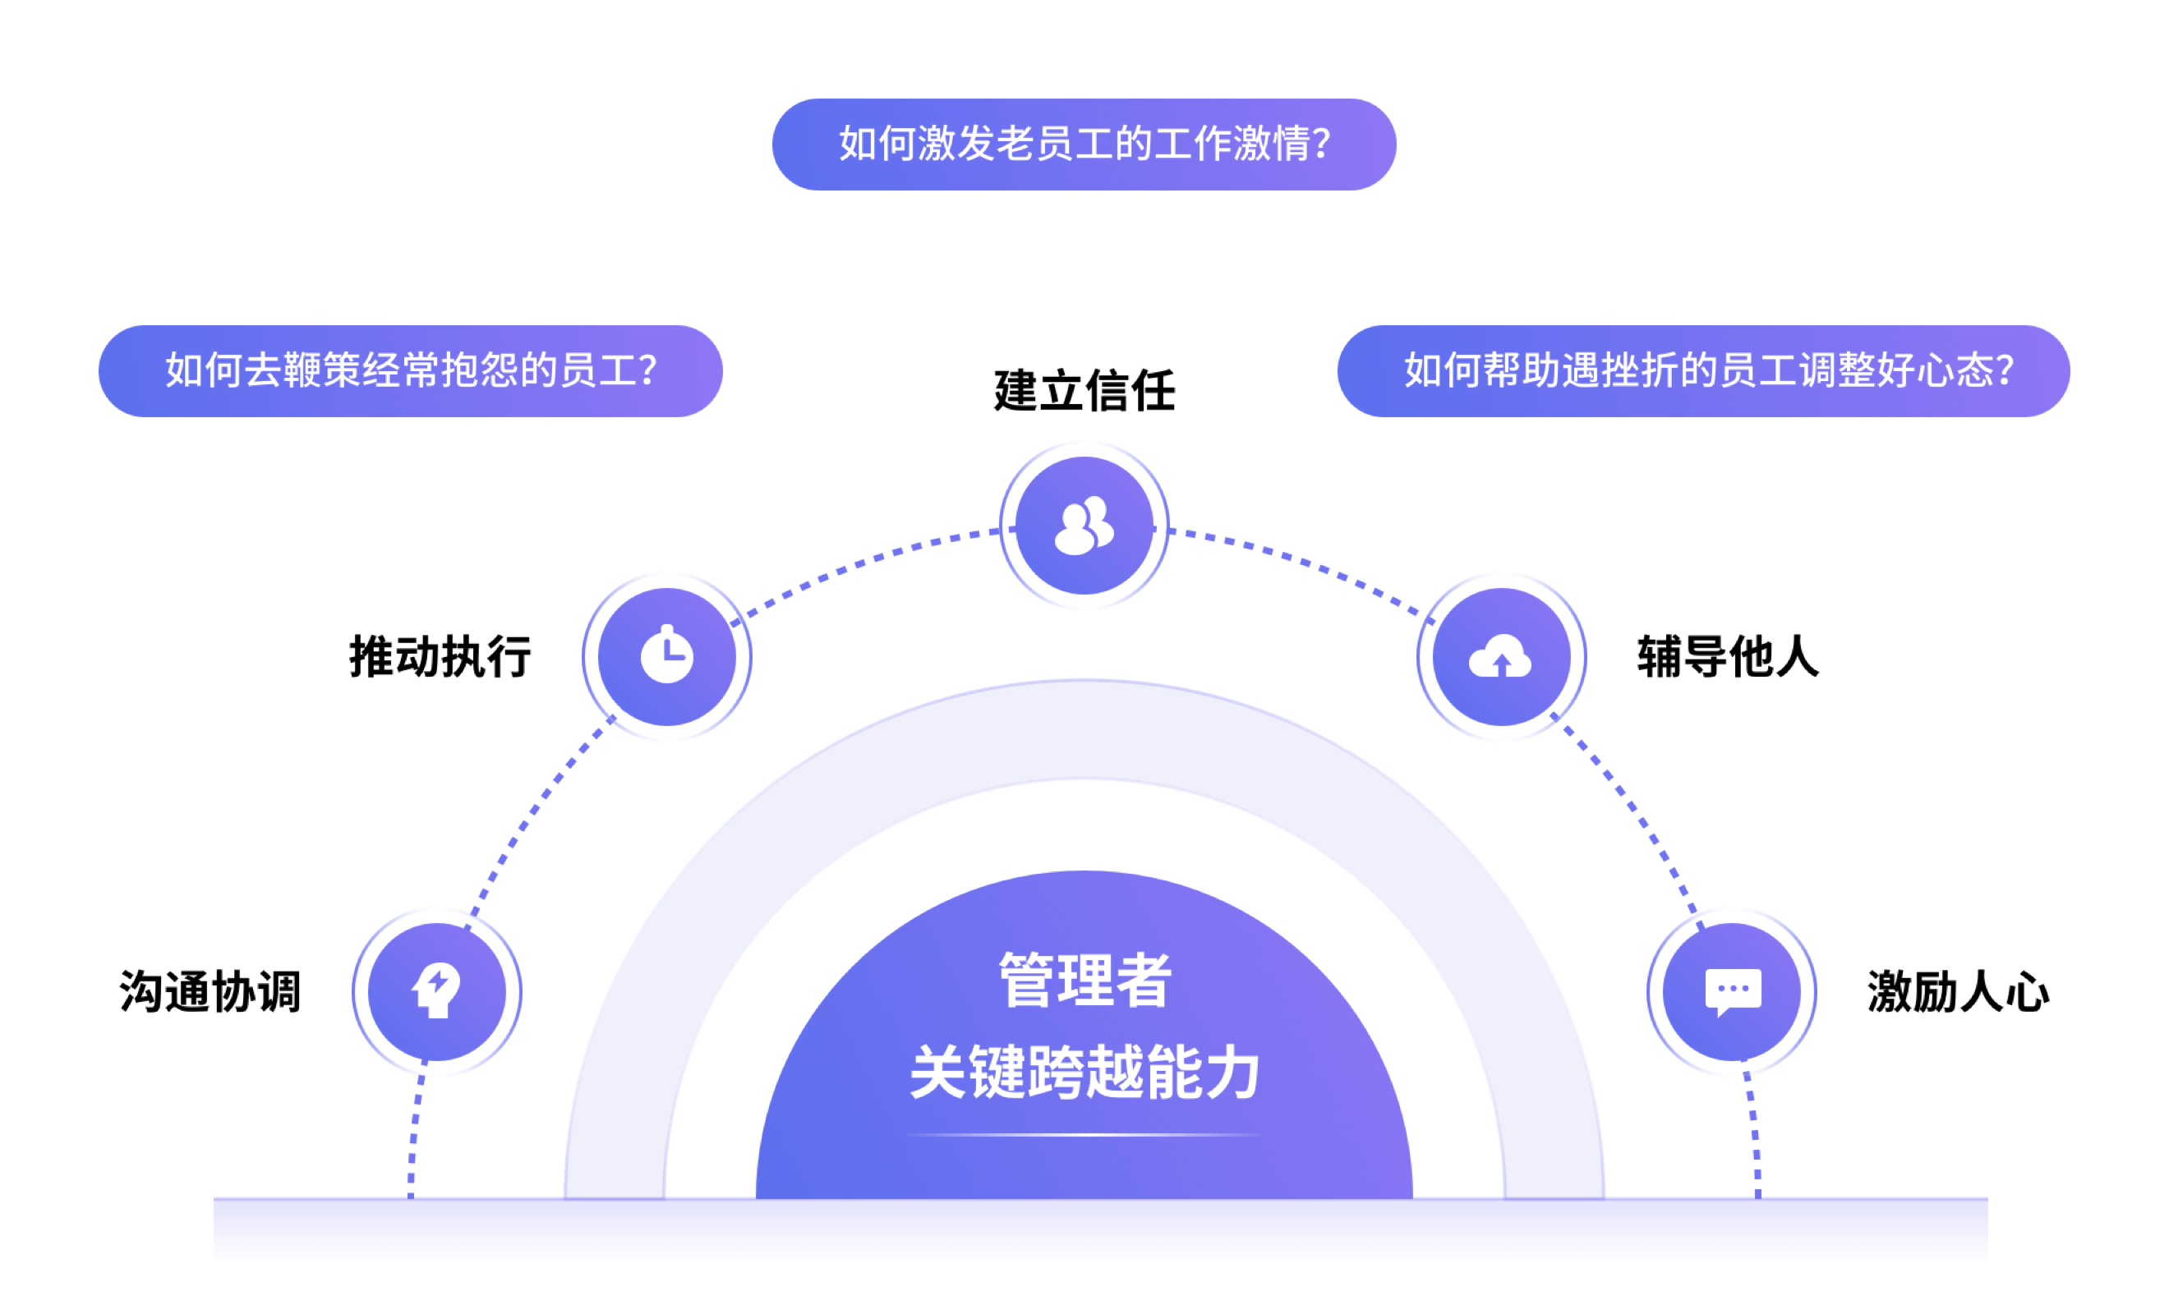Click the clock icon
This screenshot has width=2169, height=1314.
[666, 656]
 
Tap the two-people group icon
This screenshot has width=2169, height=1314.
[1084, 526]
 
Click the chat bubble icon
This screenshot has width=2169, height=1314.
[1733, 991]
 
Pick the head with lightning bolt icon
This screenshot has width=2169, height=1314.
[436, 991]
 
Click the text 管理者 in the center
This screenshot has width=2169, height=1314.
[1084, 980]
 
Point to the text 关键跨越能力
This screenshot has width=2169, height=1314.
[1084, 1072]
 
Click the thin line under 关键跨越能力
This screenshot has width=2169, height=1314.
[1084, 1135]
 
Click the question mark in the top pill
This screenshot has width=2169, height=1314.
[1320, 145]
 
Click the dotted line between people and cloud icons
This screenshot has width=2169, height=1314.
[1303, 561]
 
